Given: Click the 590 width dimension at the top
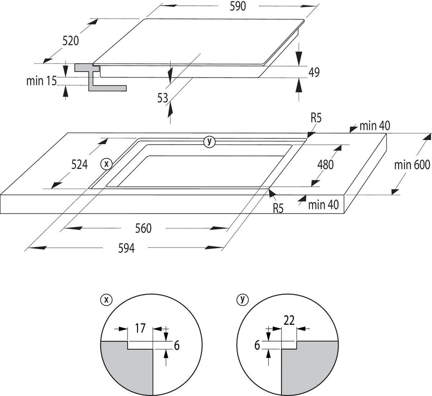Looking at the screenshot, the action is point(237,6).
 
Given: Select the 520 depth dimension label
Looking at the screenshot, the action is point(71,41).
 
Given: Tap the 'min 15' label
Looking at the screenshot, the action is point(41,81).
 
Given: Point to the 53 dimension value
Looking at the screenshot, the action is point(162,98).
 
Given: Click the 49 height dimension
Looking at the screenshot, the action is point(314,72).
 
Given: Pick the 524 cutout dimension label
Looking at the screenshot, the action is point(79,165).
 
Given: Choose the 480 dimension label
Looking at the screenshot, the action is point(325,165).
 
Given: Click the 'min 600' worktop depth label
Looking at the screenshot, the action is point(412,165).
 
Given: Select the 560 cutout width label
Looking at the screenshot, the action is point(143,228).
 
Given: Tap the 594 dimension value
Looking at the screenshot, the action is point(126,248).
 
